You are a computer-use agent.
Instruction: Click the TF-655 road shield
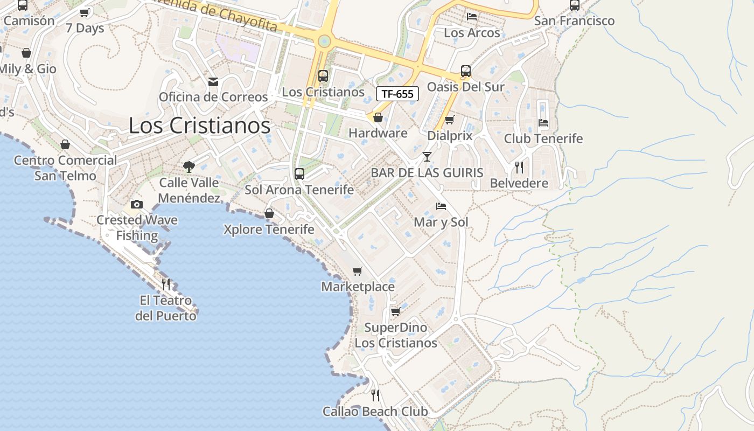pyautogui.click(x=397, y=94)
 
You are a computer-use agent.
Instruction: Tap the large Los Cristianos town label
pyautogui.click(x=199, y=126)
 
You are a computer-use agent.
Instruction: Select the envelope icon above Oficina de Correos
pyautogui.click(x=213, y=82)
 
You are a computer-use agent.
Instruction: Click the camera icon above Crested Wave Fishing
pyautogui.click(x=137, y=204)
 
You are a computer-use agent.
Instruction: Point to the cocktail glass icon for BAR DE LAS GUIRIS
pyautogui.click(x=427, y=157)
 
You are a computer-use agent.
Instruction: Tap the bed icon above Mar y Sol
pyautogui.click(x=441, y=206)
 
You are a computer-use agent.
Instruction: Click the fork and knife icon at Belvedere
pyautogui.click(x=519, y=167)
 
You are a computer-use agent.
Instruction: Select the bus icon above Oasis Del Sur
pyautogui.click(x=466, y=71)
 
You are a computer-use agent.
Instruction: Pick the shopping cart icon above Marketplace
pyautogui.click(x=358, y=270)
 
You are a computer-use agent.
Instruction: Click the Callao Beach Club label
pyautogui.click(x=375, y=412)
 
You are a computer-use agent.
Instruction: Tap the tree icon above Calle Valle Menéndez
pyautogui.click(x=188, y=167)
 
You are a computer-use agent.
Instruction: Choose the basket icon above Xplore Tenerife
pyautogui.click(x=269, y=214)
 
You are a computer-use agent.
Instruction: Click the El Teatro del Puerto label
pyautogui.click(x=165, y=308)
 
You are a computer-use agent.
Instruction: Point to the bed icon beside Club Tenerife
pyautogui.click(x=543, y=123)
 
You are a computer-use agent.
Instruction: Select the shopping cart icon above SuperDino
pyautogui.click(x=395, y=312)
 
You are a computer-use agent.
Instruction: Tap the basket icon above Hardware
pyautogui.click(x=378, y=117)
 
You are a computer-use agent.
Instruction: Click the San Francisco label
pyautogui.click(x=574, y=21)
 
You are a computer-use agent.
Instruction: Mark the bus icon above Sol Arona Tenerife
pyautogui.click(x=299, y=174)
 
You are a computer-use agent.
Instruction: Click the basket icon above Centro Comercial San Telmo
pyautogui.click(x=65, y=144)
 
